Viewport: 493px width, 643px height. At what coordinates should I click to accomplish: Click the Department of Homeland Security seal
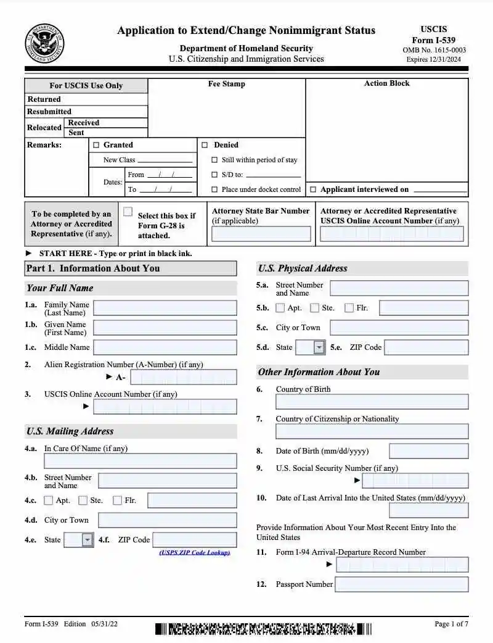pos(44,43)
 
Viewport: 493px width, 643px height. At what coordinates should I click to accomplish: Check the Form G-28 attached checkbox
pos(128,212)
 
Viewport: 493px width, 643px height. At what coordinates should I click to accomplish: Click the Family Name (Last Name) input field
pos(165,308)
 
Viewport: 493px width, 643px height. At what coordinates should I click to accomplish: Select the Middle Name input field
pos(165,347)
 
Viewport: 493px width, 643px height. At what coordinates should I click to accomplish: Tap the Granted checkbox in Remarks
pos(96,145)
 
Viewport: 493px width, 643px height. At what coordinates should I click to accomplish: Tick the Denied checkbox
pos(205,145)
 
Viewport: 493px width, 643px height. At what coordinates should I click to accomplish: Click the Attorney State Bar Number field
pos(261,234)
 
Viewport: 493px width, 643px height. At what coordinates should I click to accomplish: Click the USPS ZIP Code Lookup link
pos(194,552)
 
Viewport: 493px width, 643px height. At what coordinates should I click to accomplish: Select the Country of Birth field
pos(372,402)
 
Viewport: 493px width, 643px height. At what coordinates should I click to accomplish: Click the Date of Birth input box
pos(428,451)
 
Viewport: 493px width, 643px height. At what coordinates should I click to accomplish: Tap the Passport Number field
pos(401,584)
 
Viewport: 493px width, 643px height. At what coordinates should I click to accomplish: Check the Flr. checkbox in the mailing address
pos(118,500)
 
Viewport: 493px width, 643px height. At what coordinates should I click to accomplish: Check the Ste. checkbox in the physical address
pos(315,308)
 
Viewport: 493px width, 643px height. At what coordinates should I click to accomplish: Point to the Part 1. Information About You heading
pos(93,268)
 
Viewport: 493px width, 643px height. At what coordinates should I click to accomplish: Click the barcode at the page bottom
pos(263,629)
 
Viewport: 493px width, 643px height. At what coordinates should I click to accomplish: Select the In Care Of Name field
pos(140,461)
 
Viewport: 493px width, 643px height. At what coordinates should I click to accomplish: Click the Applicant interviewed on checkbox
pos(313,189)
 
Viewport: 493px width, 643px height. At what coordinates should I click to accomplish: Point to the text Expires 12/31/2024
pos(434,60)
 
